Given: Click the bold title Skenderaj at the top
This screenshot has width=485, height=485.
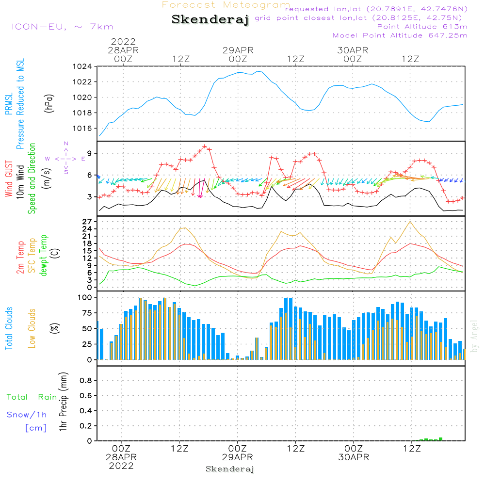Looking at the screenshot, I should pos(210,20).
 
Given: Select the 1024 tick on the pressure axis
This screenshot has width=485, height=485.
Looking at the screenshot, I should pos(82,67).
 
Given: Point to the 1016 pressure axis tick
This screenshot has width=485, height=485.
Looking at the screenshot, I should pos(82,129).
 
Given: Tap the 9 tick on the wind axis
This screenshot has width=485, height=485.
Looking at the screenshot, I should pos(89,153).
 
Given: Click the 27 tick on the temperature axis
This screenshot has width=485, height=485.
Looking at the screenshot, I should pos(87,222).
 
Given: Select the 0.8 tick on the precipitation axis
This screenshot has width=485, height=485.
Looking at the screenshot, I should pos(85,381).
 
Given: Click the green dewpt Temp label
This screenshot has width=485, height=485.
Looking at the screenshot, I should pos(44,256).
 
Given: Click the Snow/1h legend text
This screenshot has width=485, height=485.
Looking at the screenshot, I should pos(27,415).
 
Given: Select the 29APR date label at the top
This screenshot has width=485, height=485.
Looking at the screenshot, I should pos(238,50).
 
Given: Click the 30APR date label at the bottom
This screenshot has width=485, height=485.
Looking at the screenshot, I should pos(354,457).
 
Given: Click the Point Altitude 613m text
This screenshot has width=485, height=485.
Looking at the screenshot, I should pos(422,27).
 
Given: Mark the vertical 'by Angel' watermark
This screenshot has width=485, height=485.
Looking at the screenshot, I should pos(474,336).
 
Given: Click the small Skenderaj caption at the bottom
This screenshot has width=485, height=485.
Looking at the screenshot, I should pos(230,469).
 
